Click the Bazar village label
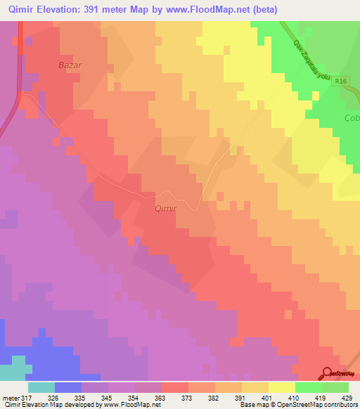70,65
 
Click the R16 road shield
342,82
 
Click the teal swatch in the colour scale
41,388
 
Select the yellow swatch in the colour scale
281,388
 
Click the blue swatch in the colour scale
68,388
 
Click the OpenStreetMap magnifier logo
328,373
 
